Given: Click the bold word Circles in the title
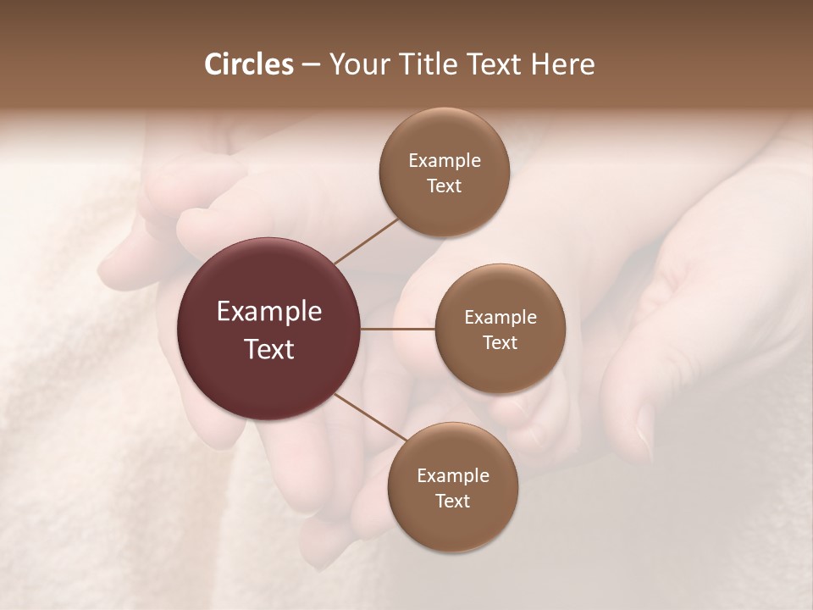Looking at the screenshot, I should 248,64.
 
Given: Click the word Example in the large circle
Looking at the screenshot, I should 269,312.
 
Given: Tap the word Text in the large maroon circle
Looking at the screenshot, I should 269,349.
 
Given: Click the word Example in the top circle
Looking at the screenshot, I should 444,161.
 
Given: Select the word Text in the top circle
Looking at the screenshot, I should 444,186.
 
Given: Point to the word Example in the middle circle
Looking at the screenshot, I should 500,318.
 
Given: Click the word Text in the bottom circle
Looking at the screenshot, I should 452,502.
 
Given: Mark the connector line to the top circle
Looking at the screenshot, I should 366,241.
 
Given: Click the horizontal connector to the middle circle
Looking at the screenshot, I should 398,329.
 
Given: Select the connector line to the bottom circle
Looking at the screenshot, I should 370,418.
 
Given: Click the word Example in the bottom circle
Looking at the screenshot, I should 452,476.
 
